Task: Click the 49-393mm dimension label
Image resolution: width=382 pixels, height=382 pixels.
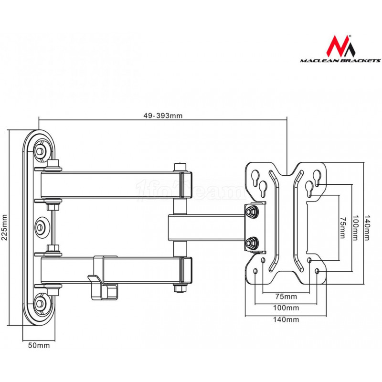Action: pos(162,115)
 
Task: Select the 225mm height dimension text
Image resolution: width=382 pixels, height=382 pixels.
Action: pos(5,227)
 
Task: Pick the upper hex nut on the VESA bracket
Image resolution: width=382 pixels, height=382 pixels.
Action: pos(250,211)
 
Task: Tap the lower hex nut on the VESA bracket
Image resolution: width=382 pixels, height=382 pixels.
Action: pos(250,242)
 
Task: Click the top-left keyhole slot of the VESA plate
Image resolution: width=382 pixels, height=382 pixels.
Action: pos(256,176)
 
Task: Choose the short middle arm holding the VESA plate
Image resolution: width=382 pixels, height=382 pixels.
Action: pos(205,227)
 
